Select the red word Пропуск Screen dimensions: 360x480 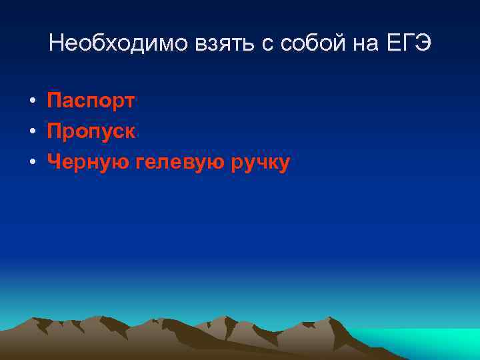tap(91, 131)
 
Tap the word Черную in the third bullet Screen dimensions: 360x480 tap(89, 162)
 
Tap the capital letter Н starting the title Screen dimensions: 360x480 tap(56, 44)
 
